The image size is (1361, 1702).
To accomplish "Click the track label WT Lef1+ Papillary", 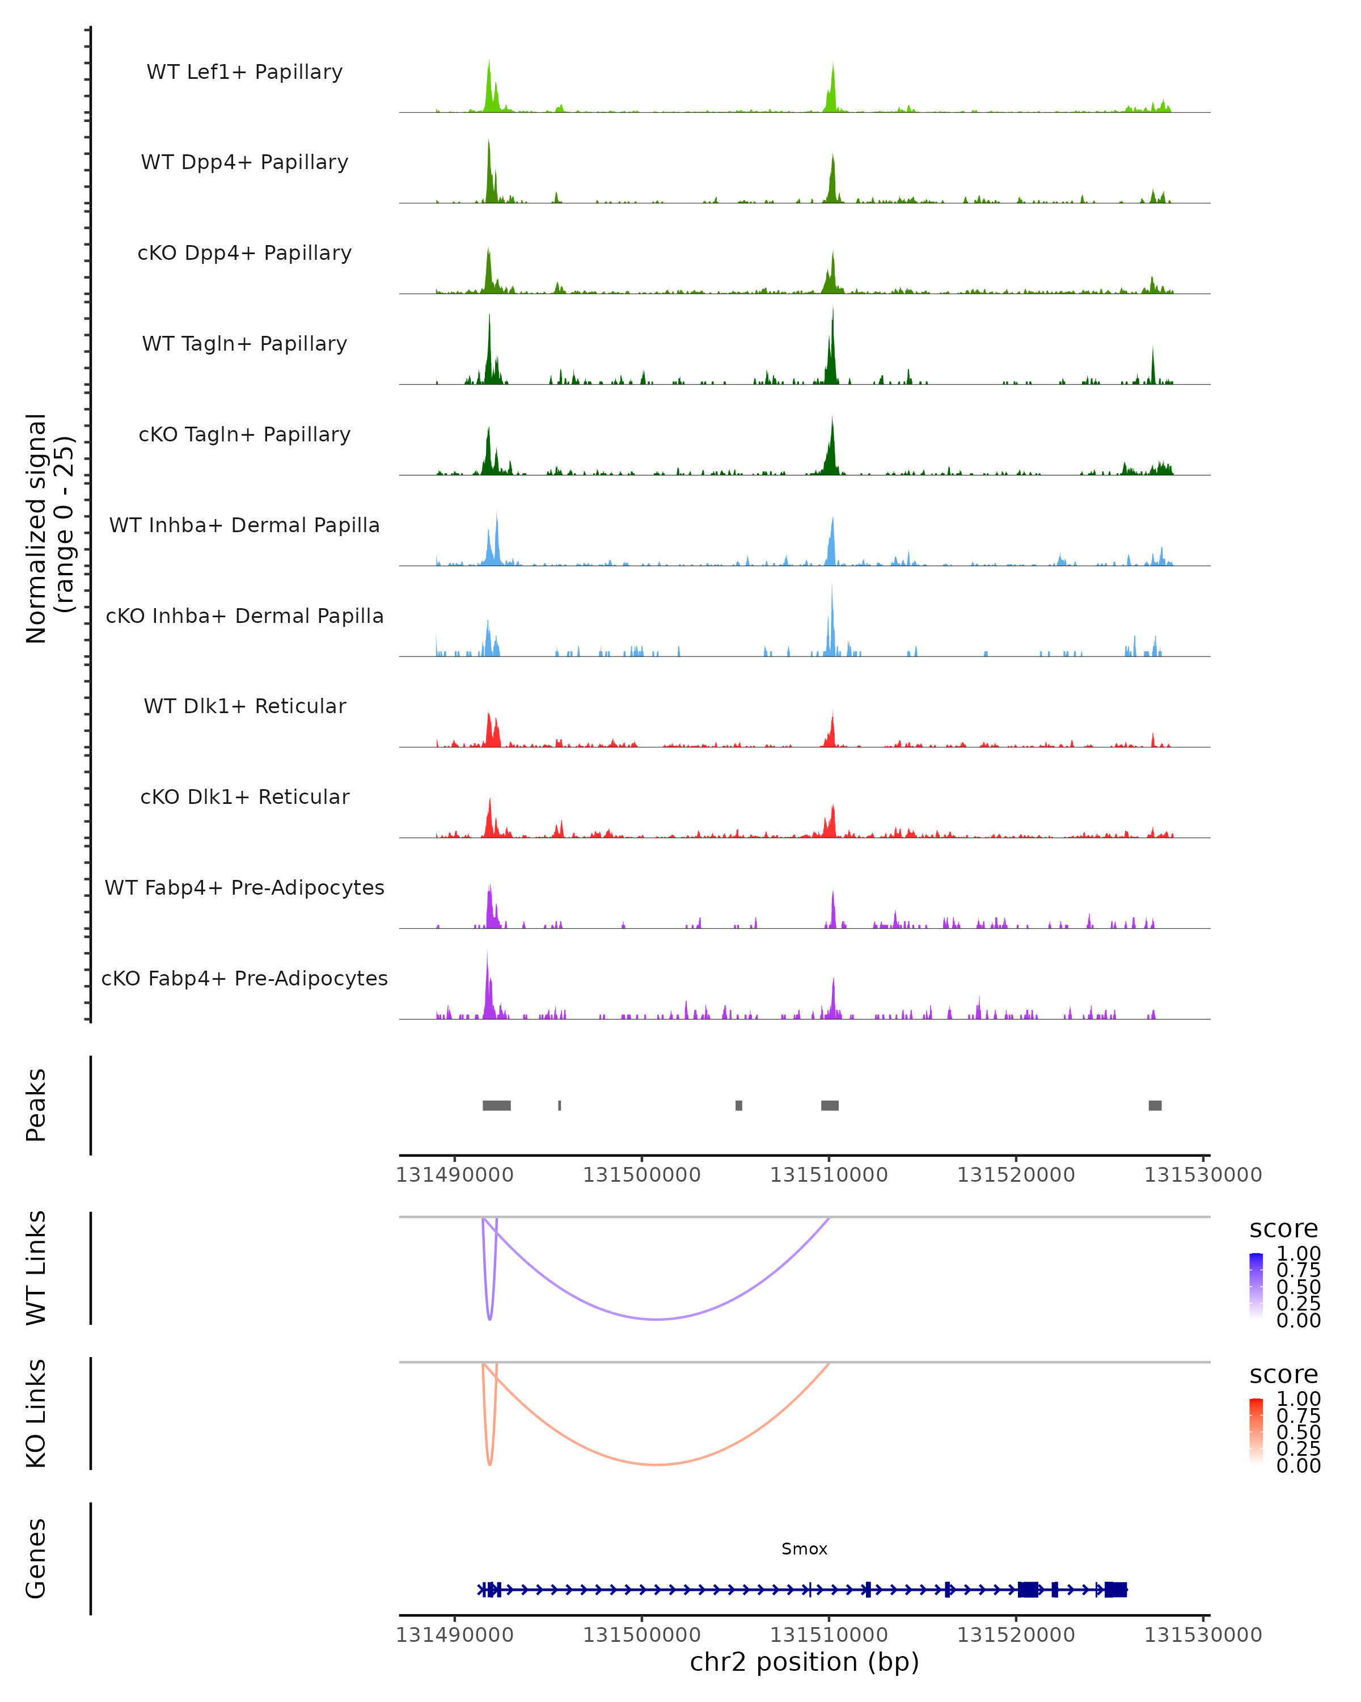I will [244, 72].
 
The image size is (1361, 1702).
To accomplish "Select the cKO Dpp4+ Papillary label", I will [244, 254].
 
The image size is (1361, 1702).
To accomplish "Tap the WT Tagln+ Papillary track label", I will [244, 344].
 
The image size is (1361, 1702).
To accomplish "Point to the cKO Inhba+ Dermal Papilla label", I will [244, 617].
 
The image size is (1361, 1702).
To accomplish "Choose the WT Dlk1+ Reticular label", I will [244, 706].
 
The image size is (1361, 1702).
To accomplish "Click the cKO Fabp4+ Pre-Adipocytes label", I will [244, 979].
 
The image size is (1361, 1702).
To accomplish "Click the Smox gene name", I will [804, 1549].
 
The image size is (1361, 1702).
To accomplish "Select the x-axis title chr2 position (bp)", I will [804, 1662].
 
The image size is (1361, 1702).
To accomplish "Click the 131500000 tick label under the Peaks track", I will [641, 1176].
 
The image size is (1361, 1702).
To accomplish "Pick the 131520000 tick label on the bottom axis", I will [1016, 1635].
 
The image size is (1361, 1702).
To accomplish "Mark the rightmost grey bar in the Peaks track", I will [1154, 1105].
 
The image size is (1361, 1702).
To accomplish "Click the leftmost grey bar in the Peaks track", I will [496, 1105].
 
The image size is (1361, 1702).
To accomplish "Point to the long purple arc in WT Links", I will [657, 1319].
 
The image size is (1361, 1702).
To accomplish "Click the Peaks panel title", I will [36, 1105].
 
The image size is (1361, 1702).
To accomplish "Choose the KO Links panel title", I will [36, 1413].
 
